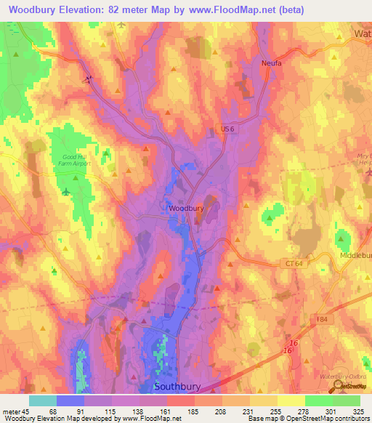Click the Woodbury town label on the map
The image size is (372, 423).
[x=186, y=209]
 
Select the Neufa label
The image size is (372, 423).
[x=272, y=64]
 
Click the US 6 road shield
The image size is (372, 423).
[x=229, y=129]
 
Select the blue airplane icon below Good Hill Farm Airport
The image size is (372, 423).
[x=67, y=192]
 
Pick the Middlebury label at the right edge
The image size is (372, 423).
[x=355, y=257]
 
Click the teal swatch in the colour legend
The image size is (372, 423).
[x=43, y=400]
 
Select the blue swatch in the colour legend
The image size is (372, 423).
[x=70, y=400]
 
